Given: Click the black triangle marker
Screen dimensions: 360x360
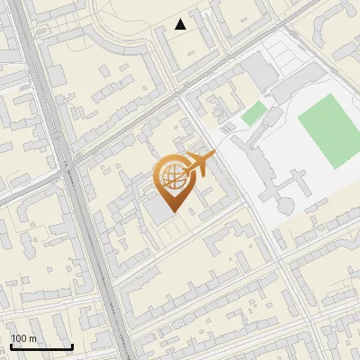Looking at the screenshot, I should point(181,24).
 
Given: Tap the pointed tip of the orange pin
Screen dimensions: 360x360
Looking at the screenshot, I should point(171,212).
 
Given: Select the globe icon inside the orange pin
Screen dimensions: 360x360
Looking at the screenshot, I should point(171,177).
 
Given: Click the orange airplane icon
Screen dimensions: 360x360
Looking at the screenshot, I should point(199,165).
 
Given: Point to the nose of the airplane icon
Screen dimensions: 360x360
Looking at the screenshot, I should point(212,157).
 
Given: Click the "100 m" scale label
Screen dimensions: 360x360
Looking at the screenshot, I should point(24,338).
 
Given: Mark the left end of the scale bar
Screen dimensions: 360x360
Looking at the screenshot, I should point(11,347).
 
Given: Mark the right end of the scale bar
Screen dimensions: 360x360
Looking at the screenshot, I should point(72,347).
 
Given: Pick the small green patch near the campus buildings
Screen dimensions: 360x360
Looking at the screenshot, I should point(254,113).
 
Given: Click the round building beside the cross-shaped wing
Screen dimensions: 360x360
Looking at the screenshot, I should point(285,205).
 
